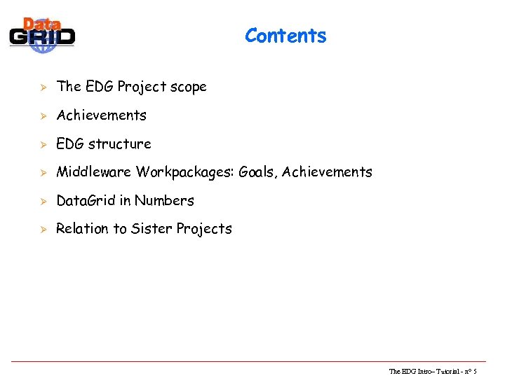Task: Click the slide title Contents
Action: (285, 36)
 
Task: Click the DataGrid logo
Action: (42, 35)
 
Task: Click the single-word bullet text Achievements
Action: (101, 115)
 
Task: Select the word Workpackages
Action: (184, 172)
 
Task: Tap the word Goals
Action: (257, 172)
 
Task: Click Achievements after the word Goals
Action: (327, 172)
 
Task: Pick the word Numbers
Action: (164, 201)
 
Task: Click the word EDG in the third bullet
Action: (69, 144)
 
